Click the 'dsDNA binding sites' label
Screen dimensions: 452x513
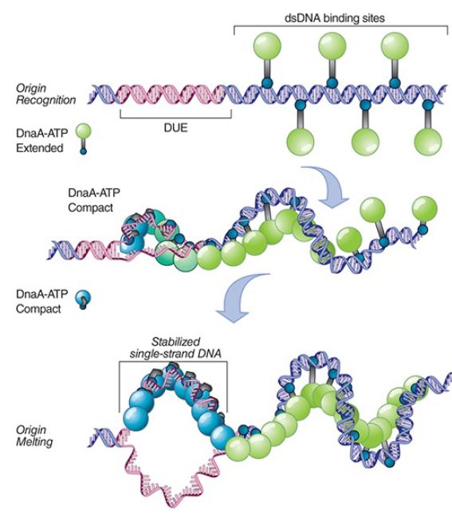(x=334, y=18)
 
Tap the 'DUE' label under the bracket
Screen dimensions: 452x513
(x=175, y=127)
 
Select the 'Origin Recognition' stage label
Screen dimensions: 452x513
(x=45, y=94)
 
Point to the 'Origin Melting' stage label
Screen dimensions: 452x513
(x=34, y=436)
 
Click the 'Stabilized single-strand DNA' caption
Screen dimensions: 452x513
(x=175, y=347)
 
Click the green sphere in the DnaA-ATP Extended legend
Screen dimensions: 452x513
(x=84, y=131)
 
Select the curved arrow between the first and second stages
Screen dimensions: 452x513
(x=328, y=185)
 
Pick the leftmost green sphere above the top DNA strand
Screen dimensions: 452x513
(x=267, y=46)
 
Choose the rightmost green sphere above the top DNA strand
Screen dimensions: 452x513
(x=395, y=46)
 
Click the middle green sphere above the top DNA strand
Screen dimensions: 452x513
(x=332, y=46)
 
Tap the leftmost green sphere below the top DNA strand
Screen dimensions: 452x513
(x=301, y=142)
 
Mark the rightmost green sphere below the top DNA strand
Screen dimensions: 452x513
(x=428, y=142)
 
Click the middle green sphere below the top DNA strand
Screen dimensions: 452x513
(x=365, y=142)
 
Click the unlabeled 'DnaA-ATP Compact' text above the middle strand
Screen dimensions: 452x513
(x=94, y=200)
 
